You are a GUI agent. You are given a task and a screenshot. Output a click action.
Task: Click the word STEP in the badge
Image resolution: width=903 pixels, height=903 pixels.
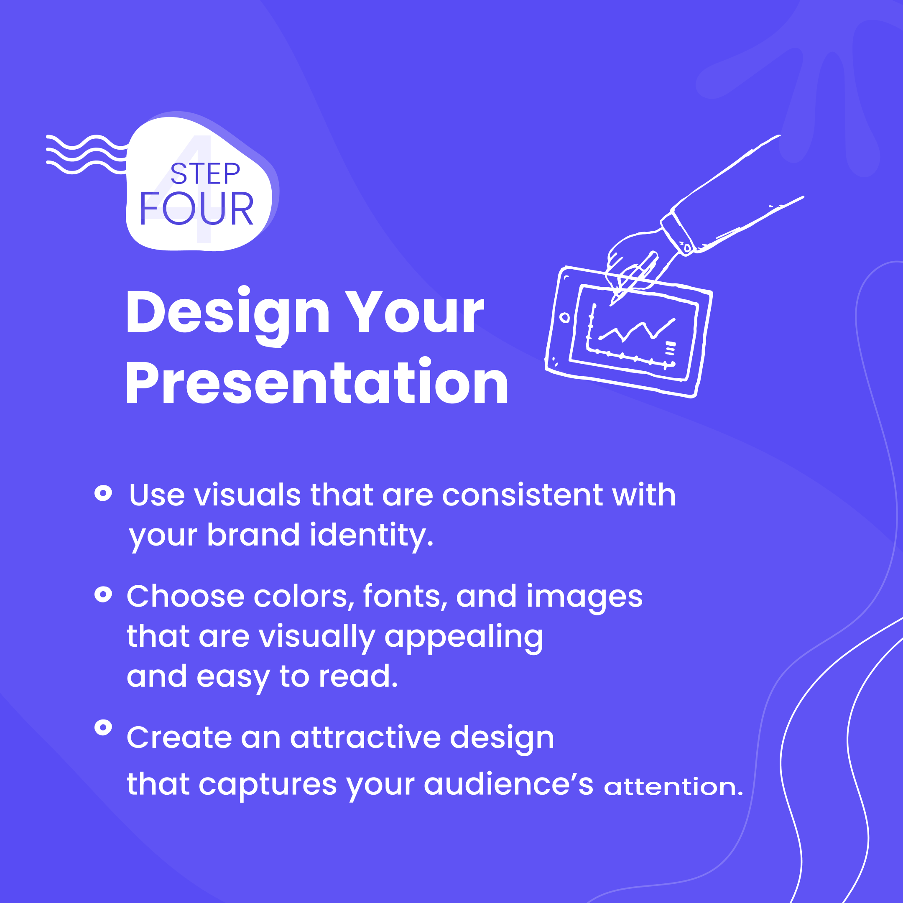[205, 174]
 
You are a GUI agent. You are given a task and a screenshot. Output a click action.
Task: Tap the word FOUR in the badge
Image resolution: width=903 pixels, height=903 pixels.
[196, 209]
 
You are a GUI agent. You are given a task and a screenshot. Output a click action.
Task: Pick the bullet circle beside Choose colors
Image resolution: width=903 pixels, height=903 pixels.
[103, 594]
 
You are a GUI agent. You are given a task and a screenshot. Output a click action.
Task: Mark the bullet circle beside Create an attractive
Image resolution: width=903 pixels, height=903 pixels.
[103, 727]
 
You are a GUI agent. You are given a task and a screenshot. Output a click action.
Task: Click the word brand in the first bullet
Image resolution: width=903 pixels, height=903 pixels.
[253, 535]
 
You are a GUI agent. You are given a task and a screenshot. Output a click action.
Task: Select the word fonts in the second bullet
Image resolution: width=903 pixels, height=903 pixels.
[401, 597]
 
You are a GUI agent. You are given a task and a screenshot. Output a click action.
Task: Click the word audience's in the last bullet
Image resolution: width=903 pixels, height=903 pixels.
[508, 784]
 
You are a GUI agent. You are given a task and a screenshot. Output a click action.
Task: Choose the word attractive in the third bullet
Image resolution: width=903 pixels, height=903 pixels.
[365, 737]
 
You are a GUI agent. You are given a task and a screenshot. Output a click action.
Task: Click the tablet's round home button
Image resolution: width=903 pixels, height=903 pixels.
[565, 318]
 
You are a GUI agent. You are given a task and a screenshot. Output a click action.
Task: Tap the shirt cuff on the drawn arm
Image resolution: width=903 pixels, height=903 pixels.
[677, 233]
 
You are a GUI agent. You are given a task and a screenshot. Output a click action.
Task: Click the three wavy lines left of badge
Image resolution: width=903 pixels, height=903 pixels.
[87, 154]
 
